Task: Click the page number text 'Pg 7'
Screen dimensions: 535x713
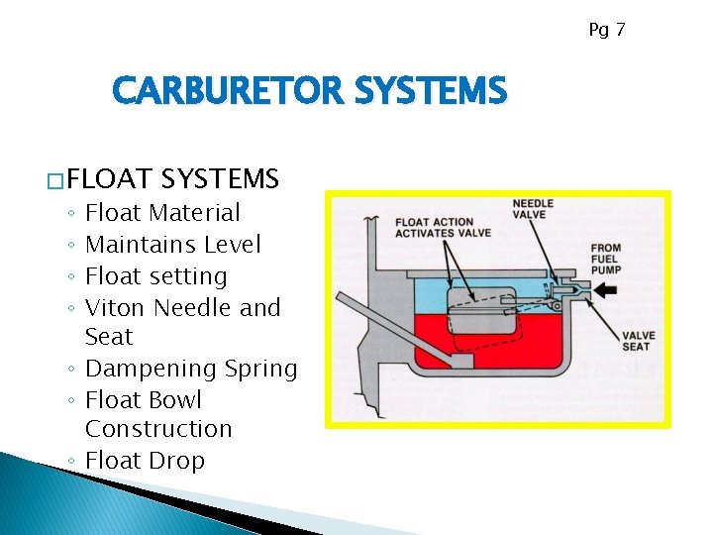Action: [606, 30]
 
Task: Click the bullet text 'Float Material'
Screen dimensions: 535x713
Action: [162, 212]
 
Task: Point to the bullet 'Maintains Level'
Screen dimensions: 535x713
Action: [173, 244]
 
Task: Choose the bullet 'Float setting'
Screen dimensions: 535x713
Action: [156, 275]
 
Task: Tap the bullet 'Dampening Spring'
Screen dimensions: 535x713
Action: [191, 369]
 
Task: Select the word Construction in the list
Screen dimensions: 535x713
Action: [158, 429]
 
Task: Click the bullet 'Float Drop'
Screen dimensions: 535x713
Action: [146, 461]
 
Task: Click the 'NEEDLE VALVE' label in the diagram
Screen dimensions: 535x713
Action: [533, 209]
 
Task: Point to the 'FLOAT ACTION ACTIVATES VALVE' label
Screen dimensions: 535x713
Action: [434, 228]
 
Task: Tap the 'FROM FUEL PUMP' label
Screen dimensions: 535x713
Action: [605, 260]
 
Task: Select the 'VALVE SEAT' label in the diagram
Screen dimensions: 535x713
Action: [636, 341]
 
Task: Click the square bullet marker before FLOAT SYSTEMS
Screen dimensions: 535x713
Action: [56, 181]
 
